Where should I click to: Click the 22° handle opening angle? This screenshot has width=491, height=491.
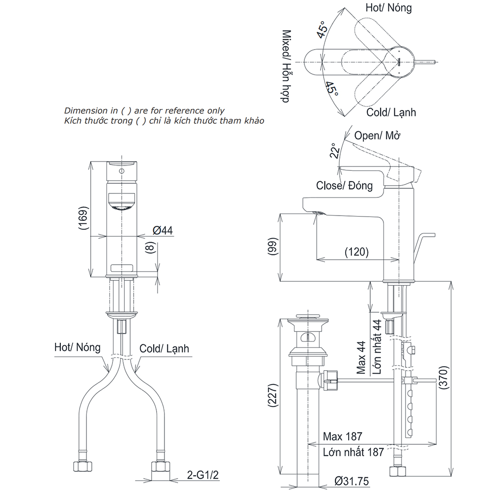point(334,151)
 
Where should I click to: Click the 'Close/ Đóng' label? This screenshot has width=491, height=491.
point(344,186)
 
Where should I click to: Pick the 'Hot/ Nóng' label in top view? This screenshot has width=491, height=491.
point(388,7)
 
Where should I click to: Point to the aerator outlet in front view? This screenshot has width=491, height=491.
point(120,205)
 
